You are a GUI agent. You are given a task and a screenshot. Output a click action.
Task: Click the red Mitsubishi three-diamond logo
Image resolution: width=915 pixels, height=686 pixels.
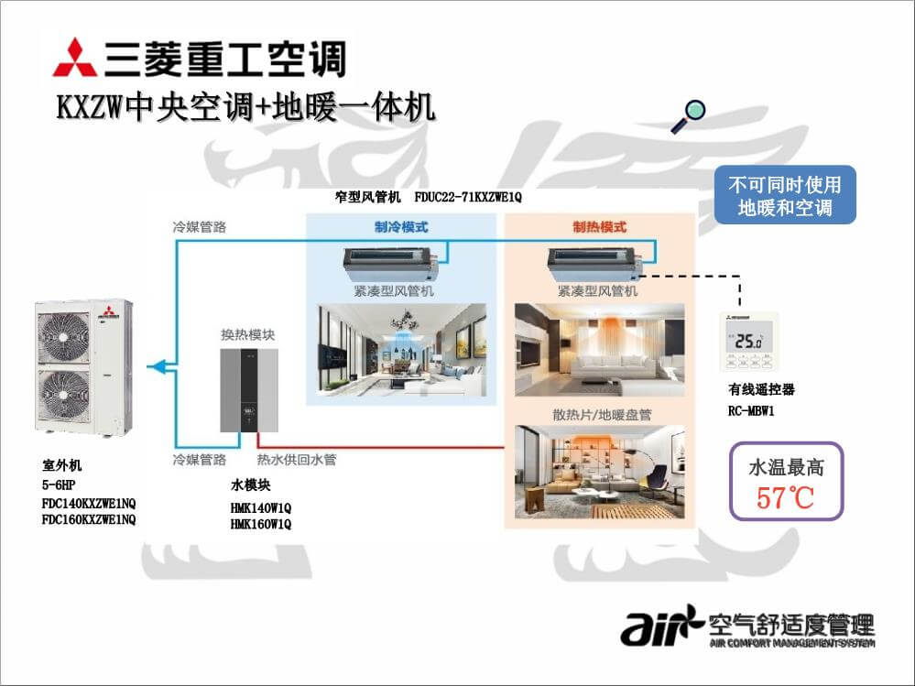tap(74, 58)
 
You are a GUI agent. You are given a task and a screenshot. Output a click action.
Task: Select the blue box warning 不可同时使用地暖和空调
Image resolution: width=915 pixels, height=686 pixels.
tap(785, 195)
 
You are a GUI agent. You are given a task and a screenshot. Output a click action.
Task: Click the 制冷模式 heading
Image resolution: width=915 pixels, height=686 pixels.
tap(401, 227)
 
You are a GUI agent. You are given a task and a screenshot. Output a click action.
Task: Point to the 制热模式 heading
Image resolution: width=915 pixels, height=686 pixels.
tap(599, 227)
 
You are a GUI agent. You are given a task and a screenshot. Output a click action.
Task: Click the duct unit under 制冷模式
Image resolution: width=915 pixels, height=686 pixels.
tap(392, 264)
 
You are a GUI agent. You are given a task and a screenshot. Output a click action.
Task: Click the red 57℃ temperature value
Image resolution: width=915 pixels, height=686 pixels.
tap(785, 498)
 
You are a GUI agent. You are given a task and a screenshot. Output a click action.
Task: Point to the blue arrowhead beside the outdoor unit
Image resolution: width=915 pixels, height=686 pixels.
tap(157, 367)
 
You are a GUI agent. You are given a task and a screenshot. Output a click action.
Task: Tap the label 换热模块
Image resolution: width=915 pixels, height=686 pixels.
tap(247, 334)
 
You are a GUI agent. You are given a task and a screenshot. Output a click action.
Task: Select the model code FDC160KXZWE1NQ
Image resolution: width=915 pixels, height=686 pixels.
tap(89, 520)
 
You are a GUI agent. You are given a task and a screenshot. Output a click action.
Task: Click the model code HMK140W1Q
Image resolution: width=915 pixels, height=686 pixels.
tap(260, 507)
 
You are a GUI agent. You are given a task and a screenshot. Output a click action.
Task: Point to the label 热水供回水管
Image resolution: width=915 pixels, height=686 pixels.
tap(296, 459)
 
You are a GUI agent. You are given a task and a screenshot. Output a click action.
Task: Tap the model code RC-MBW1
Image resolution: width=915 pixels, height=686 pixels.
tap(751, 411)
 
